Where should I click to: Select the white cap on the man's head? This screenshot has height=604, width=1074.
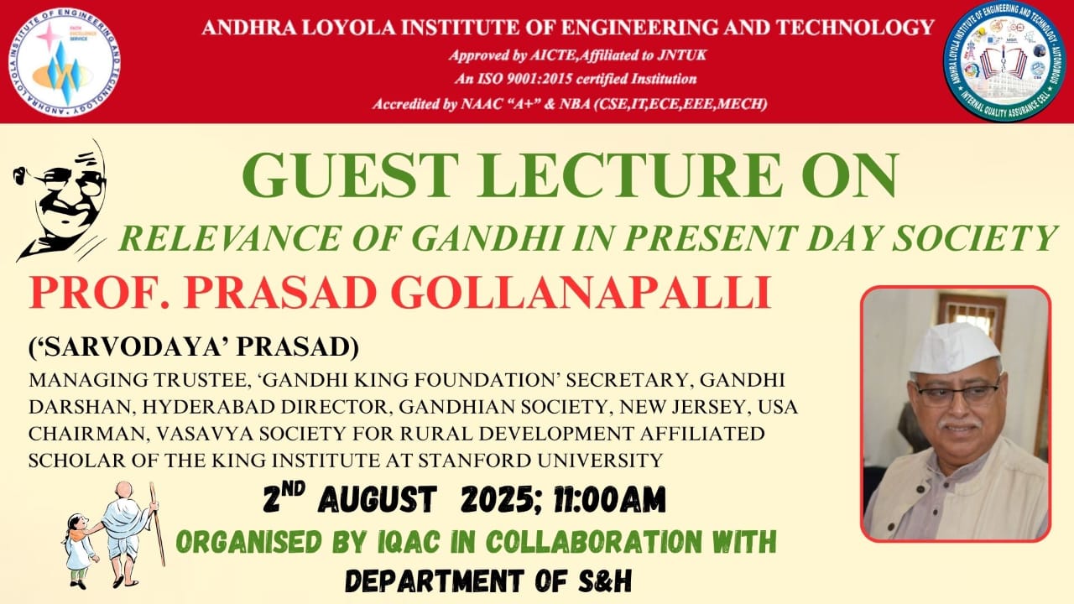(954, 346)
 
